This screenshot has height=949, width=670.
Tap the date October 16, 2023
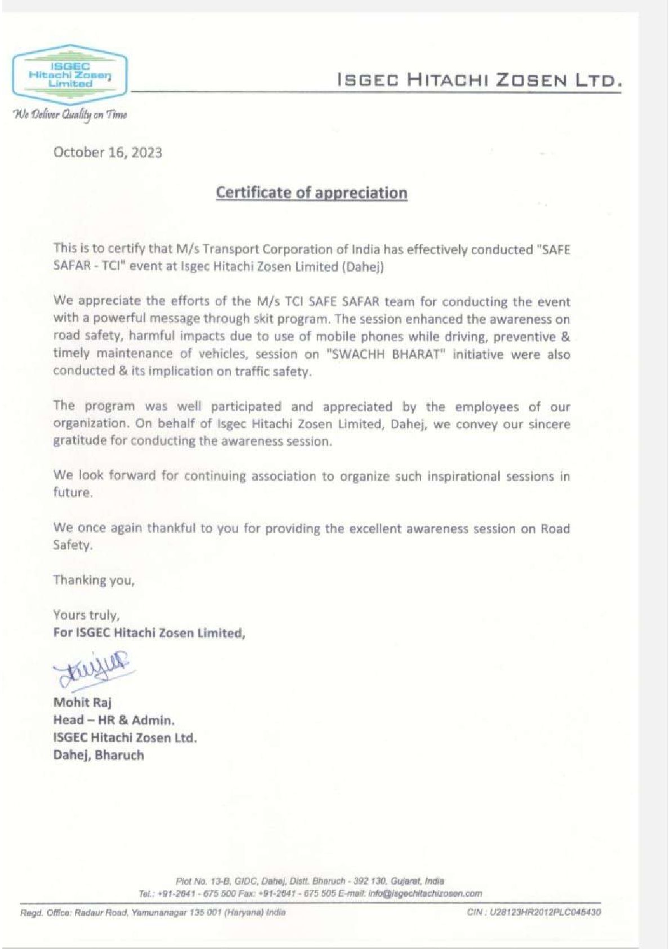[x=108, y=153]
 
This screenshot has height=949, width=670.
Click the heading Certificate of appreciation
[x=311, y=193]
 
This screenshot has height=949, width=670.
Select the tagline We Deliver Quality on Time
[x=70, y=114]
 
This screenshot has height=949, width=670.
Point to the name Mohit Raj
[x=82, y=702]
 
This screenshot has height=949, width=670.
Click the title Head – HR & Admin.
[x=114, y=720]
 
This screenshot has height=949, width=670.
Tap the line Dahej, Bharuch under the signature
[x=99, y=755]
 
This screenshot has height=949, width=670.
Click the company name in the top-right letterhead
[x=480, y=80]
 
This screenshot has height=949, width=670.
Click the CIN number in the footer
[x=534, y=912]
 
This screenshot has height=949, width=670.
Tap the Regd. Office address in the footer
[x=153, y=912]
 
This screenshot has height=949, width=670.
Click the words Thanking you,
[x=94, y=580]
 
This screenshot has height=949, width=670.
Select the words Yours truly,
[x=86, y=615]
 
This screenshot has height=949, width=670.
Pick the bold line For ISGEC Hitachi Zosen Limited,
[x=149, y=632]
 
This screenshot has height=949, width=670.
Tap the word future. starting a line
[x=73, y=493]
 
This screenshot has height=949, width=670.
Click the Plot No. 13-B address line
[x=310, y=881]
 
